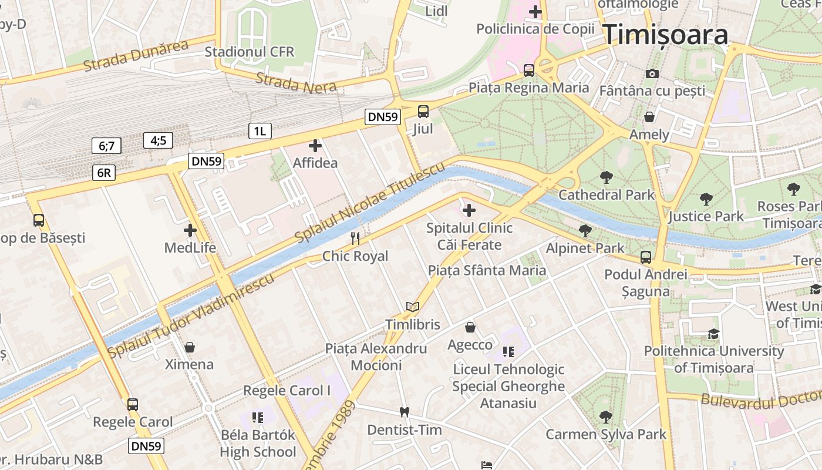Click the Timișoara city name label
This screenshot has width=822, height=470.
(665, 35)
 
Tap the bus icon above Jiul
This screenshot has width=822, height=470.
(423, 111)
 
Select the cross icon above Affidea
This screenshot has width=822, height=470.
(315, 145)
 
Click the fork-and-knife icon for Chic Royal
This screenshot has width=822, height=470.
(355, 238)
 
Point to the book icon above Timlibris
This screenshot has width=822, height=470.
(413, 307)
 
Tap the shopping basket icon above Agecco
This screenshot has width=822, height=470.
(470, 327)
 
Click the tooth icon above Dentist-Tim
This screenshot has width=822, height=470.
(404, 412)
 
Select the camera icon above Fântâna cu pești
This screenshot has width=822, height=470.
(652, 73)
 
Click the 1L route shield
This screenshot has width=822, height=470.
(260, 131)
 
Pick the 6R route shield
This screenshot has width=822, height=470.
(103, 173)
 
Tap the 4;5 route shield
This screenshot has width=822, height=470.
(159, 140)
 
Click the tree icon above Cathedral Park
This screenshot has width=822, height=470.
(606, 176)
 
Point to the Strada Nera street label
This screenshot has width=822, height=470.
(296, 83)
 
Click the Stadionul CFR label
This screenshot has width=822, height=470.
(249, 52)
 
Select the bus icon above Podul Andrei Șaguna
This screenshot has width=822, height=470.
(645, 257)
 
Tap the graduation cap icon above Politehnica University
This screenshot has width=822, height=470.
(713, 334)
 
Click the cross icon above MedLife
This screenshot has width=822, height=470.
(190, 230)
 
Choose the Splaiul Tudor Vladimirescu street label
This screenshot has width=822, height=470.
(191, 315)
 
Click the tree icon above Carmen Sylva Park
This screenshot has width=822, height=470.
(605, 417)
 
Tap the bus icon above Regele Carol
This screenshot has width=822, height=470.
(133, 404)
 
